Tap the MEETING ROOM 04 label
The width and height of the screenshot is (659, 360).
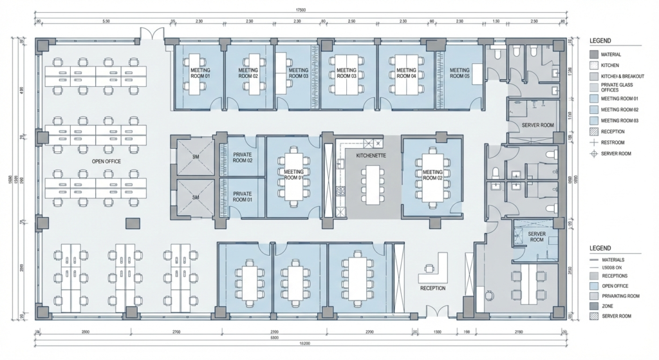[x=405, y=73]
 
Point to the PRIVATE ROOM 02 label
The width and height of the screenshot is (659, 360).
[x=242, y=158]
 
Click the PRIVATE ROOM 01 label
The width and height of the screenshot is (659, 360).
[x=242, y=196]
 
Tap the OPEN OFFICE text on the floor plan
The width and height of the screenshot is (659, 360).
[x=107, y=161]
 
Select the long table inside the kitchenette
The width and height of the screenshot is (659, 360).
[x=372, y=184]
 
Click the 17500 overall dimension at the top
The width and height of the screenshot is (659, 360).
[x=301, y=10]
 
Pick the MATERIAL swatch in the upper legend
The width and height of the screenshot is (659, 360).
[x=594, y=55]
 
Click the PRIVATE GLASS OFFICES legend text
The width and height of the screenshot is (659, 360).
[x=617, y=88]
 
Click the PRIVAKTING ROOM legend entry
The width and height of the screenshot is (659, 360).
[x=620, y=296]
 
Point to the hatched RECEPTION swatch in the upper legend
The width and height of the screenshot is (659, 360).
[x=594, y=131]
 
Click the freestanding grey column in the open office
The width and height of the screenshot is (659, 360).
[x=132, y=223]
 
